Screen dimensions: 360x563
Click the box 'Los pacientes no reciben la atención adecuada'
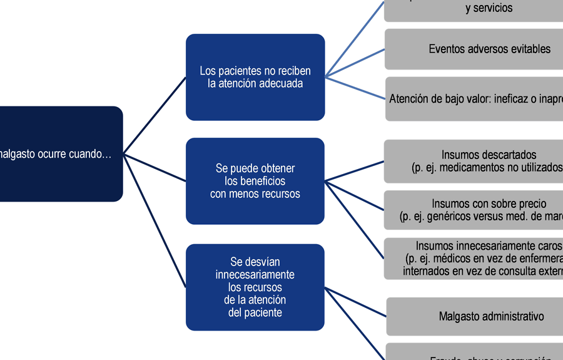pos(255,77)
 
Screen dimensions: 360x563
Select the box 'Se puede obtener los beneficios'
pos(255,181)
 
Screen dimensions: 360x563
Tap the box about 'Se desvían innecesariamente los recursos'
pos(255,287)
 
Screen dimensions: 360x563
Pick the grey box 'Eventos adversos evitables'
pos(474,49)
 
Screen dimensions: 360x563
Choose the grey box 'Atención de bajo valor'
pos(474,99)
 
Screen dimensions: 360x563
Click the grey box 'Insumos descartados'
pos(474,161)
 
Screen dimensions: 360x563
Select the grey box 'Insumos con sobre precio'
pos(474,210)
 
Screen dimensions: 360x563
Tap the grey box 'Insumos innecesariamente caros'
pos(474,259)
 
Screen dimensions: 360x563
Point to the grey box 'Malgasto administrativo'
pos(474,316)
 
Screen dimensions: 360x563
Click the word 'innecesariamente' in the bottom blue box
pos(255,275)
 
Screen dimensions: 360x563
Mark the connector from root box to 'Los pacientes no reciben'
pos(155,115)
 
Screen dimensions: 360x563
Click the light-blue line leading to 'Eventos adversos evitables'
pos(355,63)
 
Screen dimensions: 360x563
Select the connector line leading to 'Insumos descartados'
pos(354,171)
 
